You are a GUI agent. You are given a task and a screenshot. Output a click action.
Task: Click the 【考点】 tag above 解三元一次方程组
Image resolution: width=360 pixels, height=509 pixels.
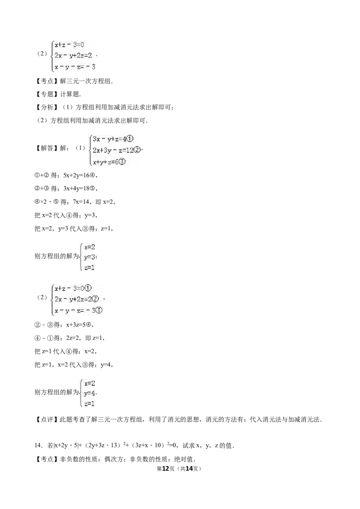(x=47, y=81)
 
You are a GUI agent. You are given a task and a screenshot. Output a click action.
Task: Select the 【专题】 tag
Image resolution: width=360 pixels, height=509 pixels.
(x=47, y=94)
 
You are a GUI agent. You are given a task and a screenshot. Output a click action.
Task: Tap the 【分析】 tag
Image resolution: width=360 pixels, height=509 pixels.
(x=47, y=107)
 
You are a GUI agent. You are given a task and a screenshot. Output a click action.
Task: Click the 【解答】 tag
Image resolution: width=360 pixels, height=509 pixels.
(x=47, y=148)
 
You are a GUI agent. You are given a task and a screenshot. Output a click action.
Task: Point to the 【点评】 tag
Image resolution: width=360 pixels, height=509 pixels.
(x=47, y=420)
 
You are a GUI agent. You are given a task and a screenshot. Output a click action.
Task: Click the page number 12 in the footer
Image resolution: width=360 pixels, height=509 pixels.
(x=166, y=469)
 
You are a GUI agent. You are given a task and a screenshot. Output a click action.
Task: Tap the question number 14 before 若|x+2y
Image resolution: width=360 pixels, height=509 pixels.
(x=38, y=445)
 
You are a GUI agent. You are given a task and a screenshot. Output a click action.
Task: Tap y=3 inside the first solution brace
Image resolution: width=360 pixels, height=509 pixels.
(x=90, y=257)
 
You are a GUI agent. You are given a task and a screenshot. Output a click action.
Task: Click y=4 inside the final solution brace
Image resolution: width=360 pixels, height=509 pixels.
(x=90, y=393)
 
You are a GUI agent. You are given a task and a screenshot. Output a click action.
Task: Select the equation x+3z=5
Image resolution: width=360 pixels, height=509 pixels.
(x=76, y=325)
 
